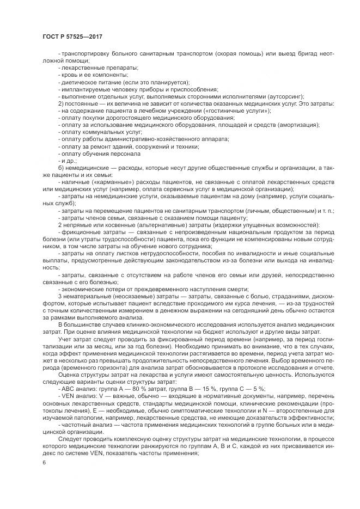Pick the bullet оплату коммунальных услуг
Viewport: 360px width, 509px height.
97,132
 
